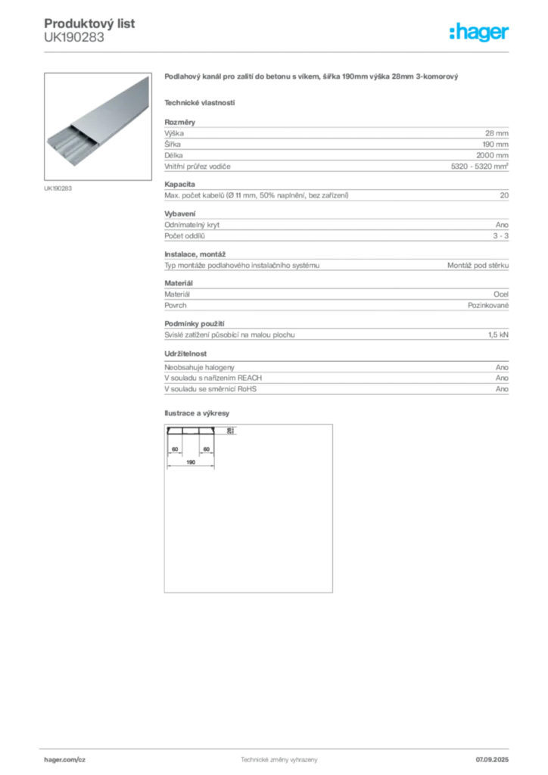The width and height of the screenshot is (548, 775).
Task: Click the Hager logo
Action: pyautogui.click(x=479, y=33)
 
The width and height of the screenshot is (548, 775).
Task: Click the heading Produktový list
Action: pyautogui.click(x=89, y=23)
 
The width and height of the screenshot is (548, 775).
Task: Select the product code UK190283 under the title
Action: pyautogui.click(x=74, y=38)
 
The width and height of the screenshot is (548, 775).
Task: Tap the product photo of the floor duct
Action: pyautogui.click(x=98, y=126)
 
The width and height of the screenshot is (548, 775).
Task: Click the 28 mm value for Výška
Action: pyautogui.click(x=497, y=133)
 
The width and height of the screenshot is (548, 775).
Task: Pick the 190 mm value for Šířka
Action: pyautogui.click(x=496, y=145)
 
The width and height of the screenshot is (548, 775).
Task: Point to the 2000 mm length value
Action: pyautogui.click(x=492, y=155)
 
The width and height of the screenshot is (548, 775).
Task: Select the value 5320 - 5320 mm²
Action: pyautogui.click(x=479, y=166)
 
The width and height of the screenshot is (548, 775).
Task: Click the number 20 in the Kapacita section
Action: pyautogui.click(x=504, y=195)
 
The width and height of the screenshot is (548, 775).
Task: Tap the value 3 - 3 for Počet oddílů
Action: pyautogui.click(x=500, y=236)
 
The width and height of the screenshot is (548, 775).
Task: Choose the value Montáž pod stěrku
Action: pyautogui.click(x=478, y=266)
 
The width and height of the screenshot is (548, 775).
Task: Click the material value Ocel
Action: pyautogui.click(x=501, y=294)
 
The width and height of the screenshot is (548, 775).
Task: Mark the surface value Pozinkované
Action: pyautogui.click(x=488, y=306)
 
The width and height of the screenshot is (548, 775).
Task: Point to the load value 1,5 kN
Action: pyautogui.click(x=498, y=335)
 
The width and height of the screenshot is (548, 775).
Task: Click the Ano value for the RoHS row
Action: pyautogui.click(x=502, y=389)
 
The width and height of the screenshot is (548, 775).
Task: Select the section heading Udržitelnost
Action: pyautogui.click(x=185, y=354)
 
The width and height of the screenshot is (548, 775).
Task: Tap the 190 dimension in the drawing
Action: pyautogui.click(x=191, y=462)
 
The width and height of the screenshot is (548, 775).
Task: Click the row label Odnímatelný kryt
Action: pyautogui.click(x=191, y=225)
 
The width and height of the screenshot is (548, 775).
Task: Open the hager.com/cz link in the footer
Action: pyautogui.click(x=65, y=760)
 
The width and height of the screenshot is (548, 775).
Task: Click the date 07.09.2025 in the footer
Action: pyautogui.click(x=492, y=760)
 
